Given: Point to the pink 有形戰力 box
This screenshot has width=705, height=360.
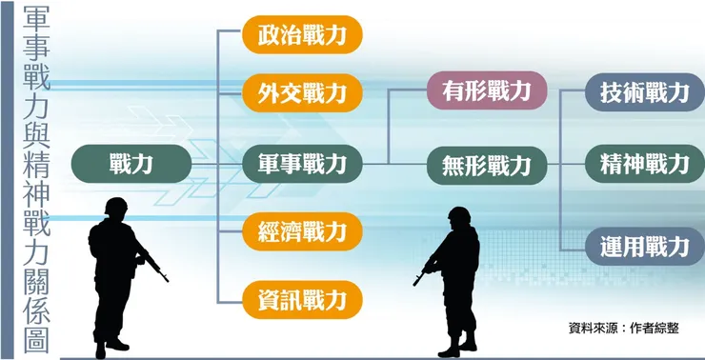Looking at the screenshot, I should [x=486, y=91].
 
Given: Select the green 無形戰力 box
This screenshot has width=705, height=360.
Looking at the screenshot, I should [x=486, y=164].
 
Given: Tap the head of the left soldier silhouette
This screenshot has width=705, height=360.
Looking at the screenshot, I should [x=116, y=210].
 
